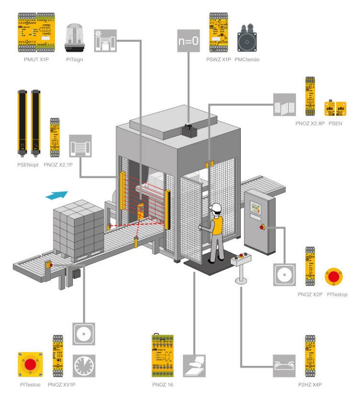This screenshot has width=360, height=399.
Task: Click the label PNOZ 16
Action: click(163, 385)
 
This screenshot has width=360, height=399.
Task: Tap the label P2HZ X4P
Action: click(310, 385)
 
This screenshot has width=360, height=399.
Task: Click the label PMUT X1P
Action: click(36, 60)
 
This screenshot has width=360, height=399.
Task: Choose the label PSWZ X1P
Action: click(218, 60)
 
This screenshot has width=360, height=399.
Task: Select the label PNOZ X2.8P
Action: click(310, 122)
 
